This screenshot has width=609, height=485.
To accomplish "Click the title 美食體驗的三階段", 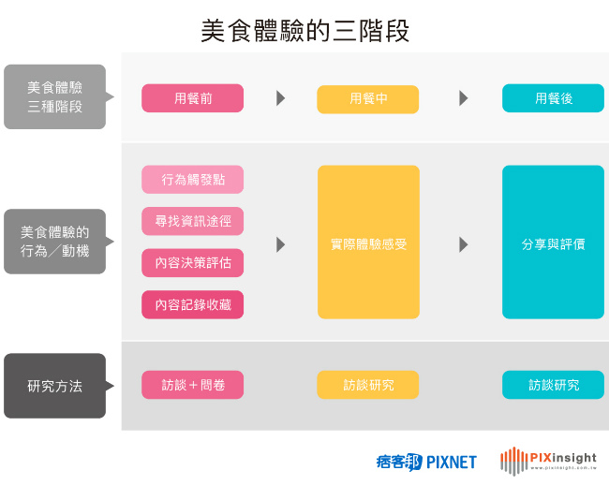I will point(304,31).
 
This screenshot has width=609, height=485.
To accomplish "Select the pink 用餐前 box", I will point(192,98).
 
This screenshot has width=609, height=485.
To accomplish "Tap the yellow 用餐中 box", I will point(367,98).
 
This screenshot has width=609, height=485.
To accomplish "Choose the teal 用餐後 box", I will point(553,98).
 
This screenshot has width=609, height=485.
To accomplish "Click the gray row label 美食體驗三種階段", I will point(54,97).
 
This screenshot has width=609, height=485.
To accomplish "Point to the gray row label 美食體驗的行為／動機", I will point(54,242).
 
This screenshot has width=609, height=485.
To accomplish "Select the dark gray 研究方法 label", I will point(54,385).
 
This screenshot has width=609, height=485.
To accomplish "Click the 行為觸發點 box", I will point(192,180).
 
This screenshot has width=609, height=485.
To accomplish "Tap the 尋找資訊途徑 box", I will point(192,221).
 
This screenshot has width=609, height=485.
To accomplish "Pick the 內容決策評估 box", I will point(192,263).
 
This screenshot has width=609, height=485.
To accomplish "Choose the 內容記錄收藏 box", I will point(192,304).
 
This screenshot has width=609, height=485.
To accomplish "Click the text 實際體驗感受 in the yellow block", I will point(367,244).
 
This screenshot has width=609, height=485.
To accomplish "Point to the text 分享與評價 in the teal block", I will point(553,244).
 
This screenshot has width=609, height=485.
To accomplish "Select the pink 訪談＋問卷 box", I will point(192,385).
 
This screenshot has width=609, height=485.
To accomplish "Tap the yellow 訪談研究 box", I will point(367,385).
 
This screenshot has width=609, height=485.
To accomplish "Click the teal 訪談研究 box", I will point(553,385).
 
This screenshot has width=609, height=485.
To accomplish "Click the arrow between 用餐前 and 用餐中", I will point(280,98).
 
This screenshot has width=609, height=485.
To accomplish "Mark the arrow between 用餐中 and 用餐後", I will point(464,98).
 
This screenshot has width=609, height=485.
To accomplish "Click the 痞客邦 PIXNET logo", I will point(425,461).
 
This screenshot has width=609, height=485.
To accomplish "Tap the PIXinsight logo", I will point(548,460).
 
